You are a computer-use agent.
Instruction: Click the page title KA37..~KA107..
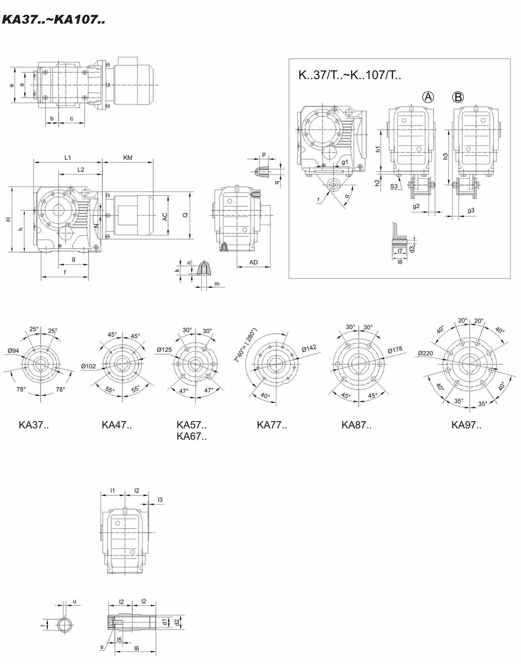point(54,20)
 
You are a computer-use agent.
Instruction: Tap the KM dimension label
point(128,158)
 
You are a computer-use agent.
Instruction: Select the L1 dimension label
point(68,158)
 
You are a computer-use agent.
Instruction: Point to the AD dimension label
point(254,262)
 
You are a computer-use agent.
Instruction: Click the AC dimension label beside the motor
point(165,217)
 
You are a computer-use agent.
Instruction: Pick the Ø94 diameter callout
point(13,351)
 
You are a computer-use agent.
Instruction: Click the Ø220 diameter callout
point(426,353)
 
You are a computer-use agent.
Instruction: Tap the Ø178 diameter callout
point(395,350)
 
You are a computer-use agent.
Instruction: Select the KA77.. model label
point(272,425)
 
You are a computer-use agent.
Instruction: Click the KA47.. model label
point(117,425)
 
